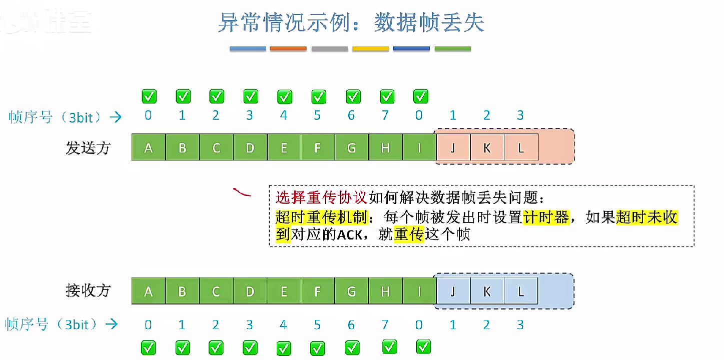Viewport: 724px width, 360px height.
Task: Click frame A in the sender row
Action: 148,147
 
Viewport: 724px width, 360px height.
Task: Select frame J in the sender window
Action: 453,147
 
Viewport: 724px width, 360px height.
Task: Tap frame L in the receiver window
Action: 521,291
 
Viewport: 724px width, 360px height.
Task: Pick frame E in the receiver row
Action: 283,291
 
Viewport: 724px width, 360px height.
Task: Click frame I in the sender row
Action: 419,147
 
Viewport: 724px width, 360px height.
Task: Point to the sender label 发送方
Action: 88,147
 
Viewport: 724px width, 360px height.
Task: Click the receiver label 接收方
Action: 88,290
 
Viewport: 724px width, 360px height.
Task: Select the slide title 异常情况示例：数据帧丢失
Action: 351,23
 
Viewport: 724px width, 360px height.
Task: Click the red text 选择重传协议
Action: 322,198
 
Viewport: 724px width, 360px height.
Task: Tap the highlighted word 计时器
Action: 546,217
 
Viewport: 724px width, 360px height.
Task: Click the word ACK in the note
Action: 348,234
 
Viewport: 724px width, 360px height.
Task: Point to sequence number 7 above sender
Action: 385,115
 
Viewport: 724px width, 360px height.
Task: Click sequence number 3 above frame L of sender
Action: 520,115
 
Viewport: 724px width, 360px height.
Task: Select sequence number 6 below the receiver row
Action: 351,325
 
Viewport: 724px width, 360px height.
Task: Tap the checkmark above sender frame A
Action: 149,96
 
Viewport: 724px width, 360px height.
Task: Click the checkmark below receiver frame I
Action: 423,346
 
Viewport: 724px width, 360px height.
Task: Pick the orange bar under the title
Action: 288,48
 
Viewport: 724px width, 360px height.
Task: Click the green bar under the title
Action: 453,48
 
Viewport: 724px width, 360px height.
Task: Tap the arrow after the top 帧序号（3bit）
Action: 116,117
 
